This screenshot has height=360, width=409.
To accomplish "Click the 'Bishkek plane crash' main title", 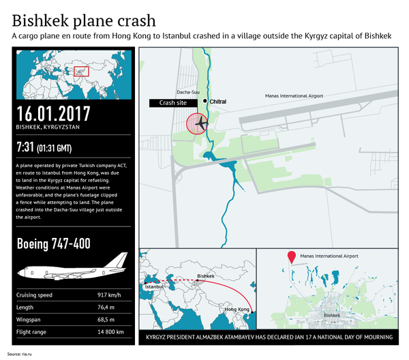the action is point(83,19).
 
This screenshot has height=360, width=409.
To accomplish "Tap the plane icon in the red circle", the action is point(200,124).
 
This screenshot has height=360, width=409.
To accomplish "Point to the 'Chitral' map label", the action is point(218,102).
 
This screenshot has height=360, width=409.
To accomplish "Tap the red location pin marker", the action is point(291,257).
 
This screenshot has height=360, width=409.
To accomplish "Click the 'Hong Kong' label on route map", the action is point(234,310).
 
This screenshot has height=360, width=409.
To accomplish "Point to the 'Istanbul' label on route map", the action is point(155,287).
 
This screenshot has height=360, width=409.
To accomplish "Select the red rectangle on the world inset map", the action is point(81,71).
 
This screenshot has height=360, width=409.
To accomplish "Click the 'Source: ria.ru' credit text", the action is point(21,354).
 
